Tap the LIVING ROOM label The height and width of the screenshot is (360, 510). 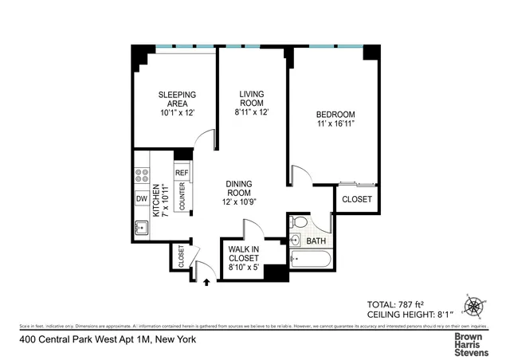tap(252, 103)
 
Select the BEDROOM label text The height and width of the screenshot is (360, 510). tap(335, 119)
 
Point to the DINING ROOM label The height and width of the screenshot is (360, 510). tap(238, 192)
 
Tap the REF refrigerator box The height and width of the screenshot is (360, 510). tap(182, 173)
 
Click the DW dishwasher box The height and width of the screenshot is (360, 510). tap(141, 198)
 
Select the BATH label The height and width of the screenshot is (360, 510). tap(316, 241)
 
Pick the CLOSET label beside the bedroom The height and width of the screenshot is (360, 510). tap(356, 199)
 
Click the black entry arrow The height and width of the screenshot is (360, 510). tap(208, 280)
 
